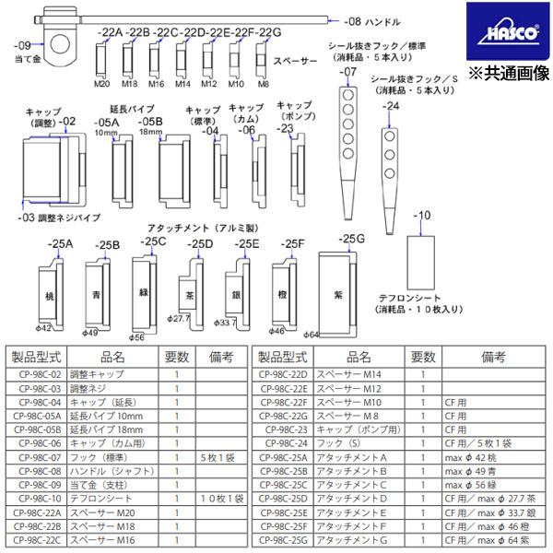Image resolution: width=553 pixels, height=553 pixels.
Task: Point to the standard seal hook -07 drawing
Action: pos(347,147)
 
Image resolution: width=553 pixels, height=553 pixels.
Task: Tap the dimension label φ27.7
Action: pos(180,318)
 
